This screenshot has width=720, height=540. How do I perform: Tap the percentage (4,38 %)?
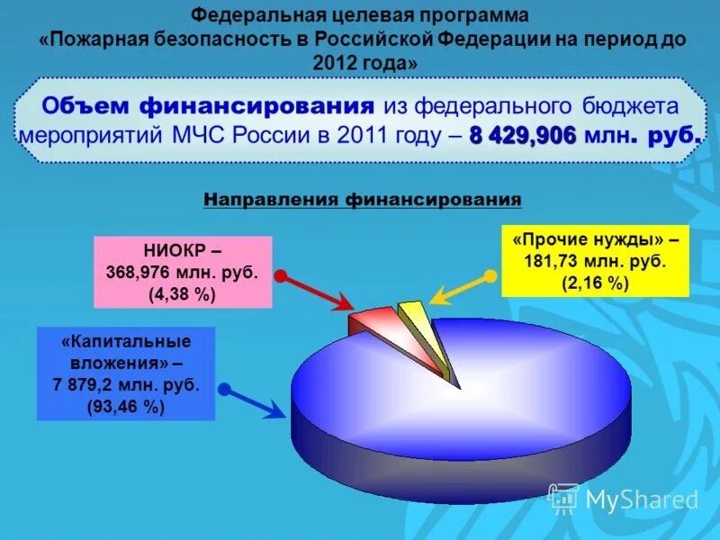pos(188,293)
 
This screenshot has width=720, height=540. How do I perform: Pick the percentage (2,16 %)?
pos(595,282)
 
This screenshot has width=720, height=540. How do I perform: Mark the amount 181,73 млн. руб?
pos(595,261)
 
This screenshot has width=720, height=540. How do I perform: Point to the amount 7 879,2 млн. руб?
pos(126,384)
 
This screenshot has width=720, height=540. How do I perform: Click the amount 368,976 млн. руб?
pos(183,273)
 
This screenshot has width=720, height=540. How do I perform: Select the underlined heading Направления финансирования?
pos(363,199)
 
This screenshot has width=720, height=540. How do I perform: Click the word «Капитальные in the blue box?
pos(126,343)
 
